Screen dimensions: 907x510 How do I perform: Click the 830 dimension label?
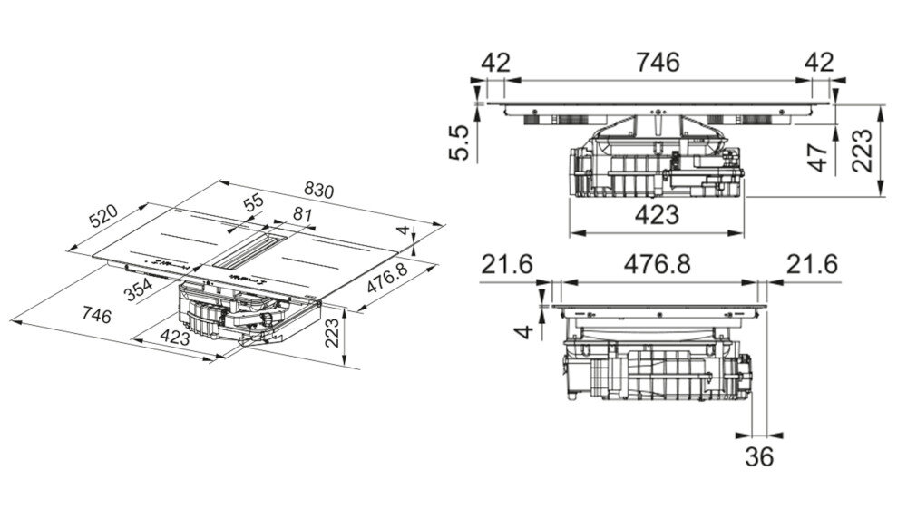coord(318,191)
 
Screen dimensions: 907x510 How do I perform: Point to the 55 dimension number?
coord(253,203)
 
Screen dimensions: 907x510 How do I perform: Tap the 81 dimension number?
coord(302,215)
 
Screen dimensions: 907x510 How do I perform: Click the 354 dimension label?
coord(138,289)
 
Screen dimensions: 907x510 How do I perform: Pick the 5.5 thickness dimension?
coord(459,143)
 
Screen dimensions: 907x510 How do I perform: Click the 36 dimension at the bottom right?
coord(759,456)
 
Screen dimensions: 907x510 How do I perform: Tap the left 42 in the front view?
coord(496,62)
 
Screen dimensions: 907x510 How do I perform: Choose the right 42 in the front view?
coord(819,62)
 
